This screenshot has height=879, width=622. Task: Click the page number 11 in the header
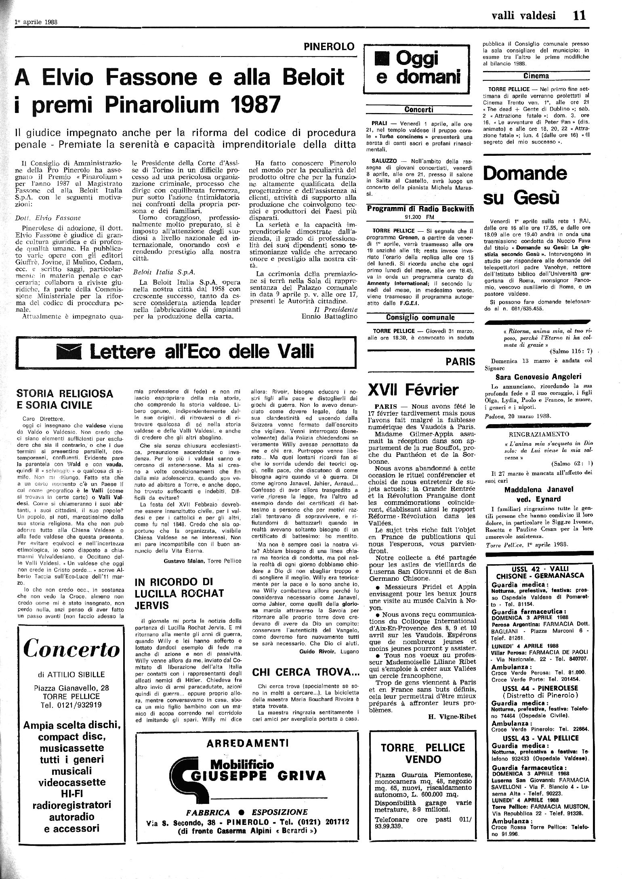coord(578,16)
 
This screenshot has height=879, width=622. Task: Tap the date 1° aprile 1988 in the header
coord(36,22)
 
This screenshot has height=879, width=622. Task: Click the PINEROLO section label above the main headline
coord(330,47)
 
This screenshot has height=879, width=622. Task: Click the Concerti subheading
coord(419,109)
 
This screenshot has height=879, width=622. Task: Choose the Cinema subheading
coord(536,75)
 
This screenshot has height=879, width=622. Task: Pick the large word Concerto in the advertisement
coord(71,649)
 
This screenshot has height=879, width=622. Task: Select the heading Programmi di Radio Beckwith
coord(419,209)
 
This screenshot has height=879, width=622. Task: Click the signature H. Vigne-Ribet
coord(451,716)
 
